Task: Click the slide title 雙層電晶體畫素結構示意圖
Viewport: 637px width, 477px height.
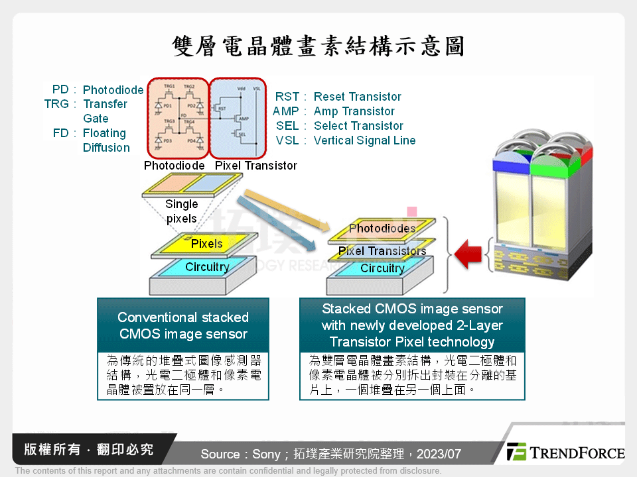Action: tap(318, 46)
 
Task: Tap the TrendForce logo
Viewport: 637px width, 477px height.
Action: tap(565, 452)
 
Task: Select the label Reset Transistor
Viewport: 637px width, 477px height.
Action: tap(357, 97)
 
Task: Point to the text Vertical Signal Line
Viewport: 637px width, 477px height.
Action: tap(364, 140)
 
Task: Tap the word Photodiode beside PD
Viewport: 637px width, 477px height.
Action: tap(113, 90)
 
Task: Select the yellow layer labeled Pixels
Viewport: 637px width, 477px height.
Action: tap(206, 244)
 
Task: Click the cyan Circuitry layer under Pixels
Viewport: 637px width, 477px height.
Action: tap(206, 267)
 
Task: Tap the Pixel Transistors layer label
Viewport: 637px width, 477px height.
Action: tap(382, 251)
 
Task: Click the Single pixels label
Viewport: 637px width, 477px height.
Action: tap(181, 211)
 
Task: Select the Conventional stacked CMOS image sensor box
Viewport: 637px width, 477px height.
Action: tap(183, 325)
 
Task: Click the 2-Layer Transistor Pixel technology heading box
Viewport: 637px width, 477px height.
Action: tap(412, 325)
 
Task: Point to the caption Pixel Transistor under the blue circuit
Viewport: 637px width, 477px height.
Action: tap(256, 166)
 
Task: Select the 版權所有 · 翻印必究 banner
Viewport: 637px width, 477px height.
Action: tap(88, 450)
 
